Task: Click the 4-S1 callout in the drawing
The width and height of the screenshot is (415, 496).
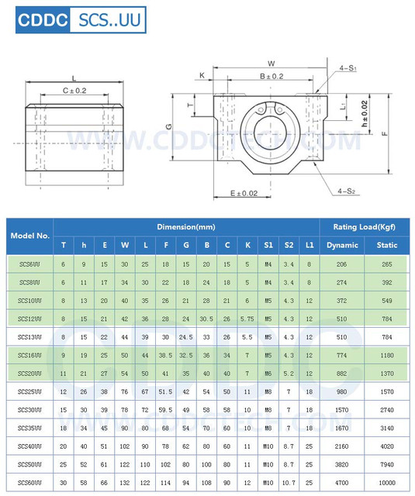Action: tap(347, 69)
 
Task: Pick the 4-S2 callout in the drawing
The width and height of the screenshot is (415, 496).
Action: tap(348, 188)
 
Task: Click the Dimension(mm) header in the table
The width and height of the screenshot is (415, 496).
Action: tap(186, 227)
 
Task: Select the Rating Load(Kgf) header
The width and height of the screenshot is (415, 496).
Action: tap(365, 227)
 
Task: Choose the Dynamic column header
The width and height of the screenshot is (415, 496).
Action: tap(342, 245)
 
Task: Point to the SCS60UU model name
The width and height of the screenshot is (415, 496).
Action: tap(30, 483)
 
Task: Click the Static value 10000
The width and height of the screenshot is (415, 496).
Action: tap(386, 483)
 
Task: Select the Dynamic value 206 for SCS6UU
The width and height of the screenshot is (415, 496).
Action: tap(342, 264)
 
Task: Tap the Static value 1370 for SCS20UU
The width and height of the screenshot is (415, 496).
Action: tap(386, 373)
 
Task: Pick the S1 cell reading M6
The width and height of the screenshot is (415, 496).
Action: tap(268, 373)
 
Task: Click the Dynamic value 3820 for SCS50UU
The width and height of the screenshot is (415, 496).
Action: tap(342, 464)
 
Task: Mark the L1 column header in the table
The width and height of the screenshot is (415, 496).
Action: tap(310, 245)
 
